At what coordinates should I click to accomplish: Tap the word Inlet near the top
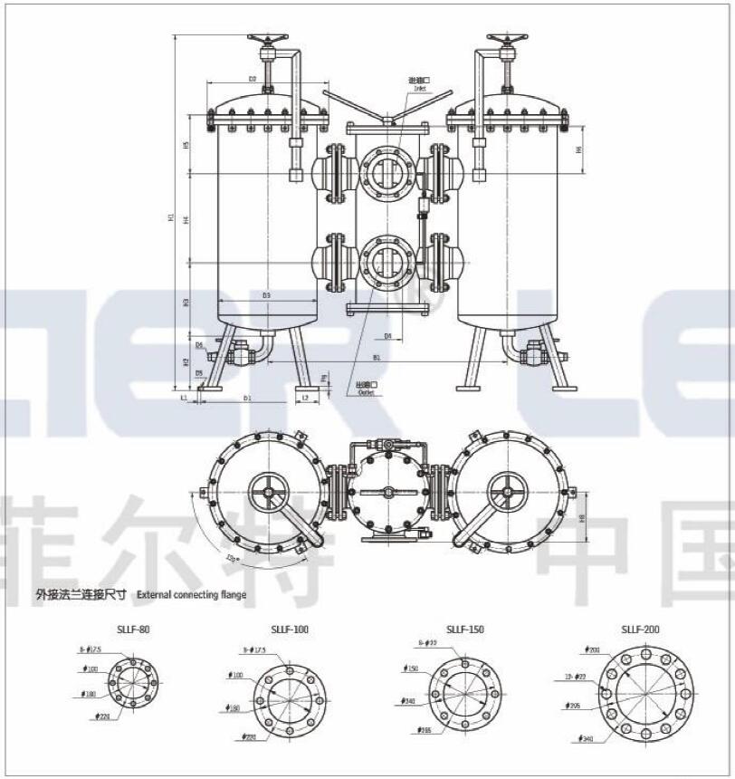point(418,88)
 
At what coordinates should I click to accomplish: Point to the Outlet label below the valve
point(365,392)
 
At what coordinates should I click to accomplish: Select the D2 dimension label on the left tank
point(253,80)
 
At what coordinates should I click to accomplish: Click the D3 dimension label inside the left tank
point(266,296)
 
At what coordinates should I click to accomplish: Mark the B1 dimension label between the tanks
point(376,357)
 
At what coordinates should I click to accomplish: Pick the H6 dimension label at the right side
point(579,149)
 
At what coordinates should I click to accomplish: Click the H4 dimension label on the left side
point(185,220)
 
